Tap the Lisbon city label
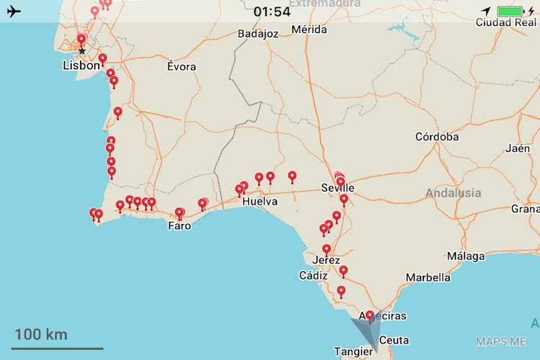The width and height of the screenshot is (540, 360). (x=81, y=66)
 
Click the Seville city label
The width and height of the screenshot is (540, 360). (x=338, y=188)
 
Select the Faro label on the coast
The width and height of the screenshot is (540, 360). (x=179, y=226)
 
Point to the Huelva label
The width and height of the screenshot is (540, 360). (x=261, y=202)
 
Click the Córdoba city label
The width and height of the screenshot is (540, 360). (x=437, y=137)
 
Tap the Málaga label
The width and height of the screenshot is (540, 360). (x=466, y=256)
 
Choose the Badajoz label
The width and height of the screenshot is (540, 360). (x=258, y=33)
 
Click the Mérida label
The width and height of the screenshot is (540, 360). (x=310, y=30)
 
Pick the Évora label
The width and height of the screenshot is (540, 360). (x=181, y=66)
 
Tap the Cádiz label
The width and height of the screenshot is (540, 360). (x=314, y=276)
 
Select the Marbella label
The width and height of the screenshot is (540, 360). (x=428, y=277)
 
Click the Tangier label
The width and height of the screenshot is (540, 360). (x=354, y=351)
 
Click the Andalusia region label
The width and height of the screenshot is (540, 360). (x=454, y=193)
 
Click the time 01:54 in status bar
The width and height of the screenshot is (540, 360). (x=272, y=12)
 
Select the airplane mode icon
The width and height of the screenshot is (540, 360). (x=13, y=12)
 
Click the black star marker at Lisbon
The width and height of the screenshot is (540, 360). (x=82, y=52)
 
